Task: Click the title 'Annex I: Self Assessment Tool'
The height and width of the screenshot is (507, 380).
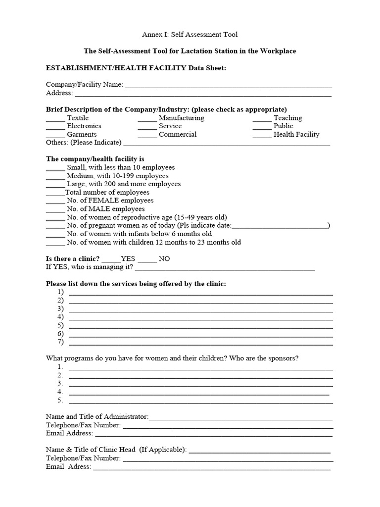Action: click(190, 34)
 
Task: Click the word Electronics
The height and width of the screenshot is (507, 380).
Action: click(84, 126)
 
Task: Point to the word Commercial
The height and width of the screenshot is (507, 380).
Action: click(178, 135)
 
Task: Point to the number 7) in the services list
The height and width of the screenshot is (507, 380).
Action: click(61, 342)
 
